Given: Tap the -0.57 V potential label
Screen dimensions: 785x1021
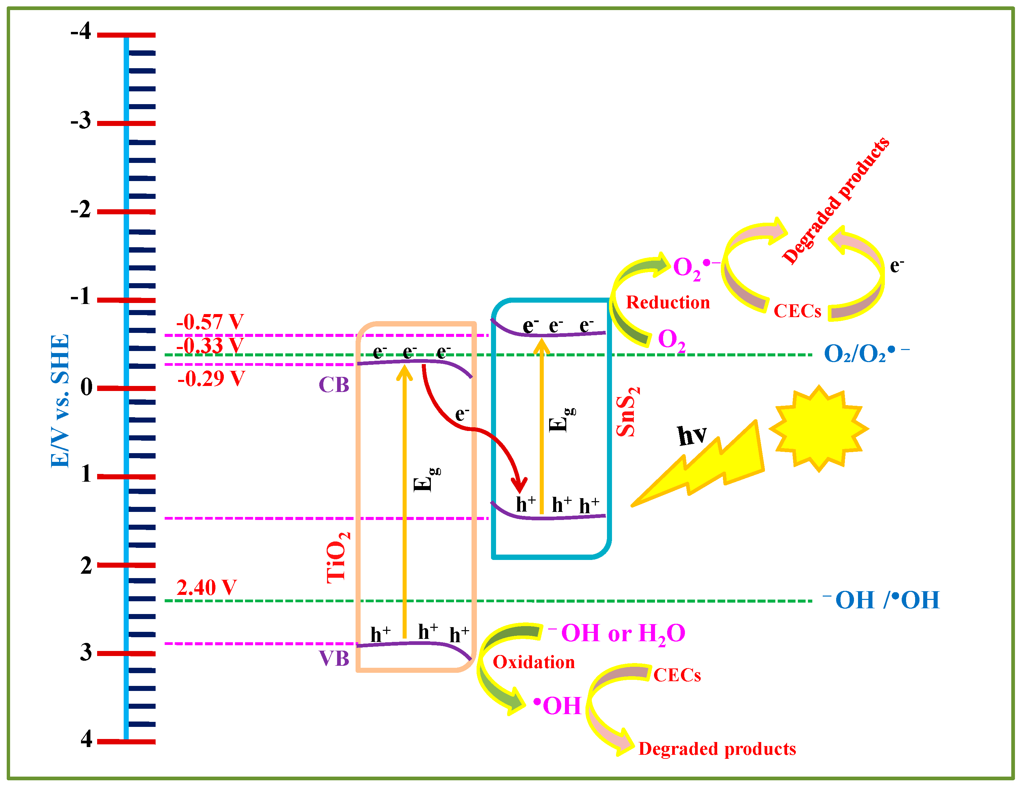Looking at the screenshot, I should (x=210, y=322).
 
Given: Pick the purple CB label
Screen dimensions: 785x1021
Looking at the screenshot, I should (x=334, y=385).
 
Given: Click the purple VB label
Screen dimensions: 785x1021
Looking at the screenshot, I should (x=334, y=658).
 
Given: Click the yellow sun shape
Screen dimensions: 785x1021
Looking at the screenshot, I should (x=818, y=429).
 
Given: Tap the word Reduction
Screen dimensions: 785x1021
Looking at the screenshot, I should (x=667, y=302).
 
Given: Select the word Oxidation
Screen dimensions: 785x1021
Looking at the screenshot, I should (x=533, y=662).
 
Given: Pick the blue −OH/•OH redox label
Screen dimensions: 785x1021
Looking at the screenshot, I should (x=881, y=600).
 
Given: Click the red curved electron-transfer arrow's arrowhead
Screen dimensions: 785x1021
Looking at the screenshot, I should (x=519, y=486).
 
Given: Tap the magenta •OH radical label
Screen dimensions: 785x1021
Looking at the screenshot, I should (x=558, y=706).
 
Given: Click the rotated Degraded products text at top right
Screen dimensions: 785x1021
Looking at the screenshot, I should (x=836, y=201).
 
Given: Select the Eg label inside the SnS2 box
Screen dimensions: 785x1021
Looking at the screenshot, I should (x=561, y=420).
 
